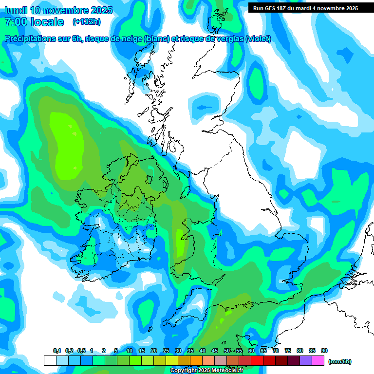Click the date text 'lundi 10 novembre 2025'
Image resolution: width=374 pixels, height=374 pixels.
click(x=58, y=10)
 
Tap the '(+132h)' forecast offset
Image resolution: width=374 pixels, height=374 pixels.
click(x=86, y=22)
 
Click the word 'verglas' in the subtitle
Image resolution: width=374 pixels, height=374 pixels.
click(x=229, y=39)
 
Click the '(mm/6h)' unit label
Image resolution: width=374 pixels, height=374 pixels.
click(x=340, y=361)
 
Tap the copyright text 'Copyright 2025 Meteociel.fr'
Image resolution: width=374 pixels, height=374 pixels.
click(x=206, y=371)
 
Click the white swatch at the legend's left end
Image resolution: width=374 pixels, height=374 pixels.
click(x=50, y=361)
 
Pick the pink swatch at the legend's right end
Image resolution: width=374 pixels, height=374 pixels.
click(x=318, y=361)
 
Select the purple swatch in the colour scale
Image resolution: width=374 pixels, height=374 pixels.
click(x=306, y=361)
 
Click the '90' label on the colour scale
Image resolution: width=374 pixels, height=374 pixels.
click(x=324, y=351)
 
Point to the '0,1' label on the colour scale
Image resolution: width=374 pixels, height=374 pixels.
click(x=57, y=351)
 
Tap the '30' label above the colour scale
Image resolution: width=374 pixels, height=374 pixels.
click(x=178, y=351)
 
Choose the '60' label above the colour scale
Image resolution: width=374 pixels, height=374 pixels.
click(x=251, y=351)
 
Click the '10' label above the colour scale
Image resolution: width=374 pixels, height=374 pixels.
click(x=130, y=351)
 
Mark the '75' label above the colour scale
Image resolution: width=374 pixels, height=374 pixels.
click(x=288, y=351)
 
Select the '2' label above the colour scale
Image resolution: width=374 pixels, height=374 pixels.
click(x=104, y=351)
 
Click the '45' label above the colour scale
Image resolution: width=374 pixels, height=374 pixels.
click(x=215, y=351)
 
